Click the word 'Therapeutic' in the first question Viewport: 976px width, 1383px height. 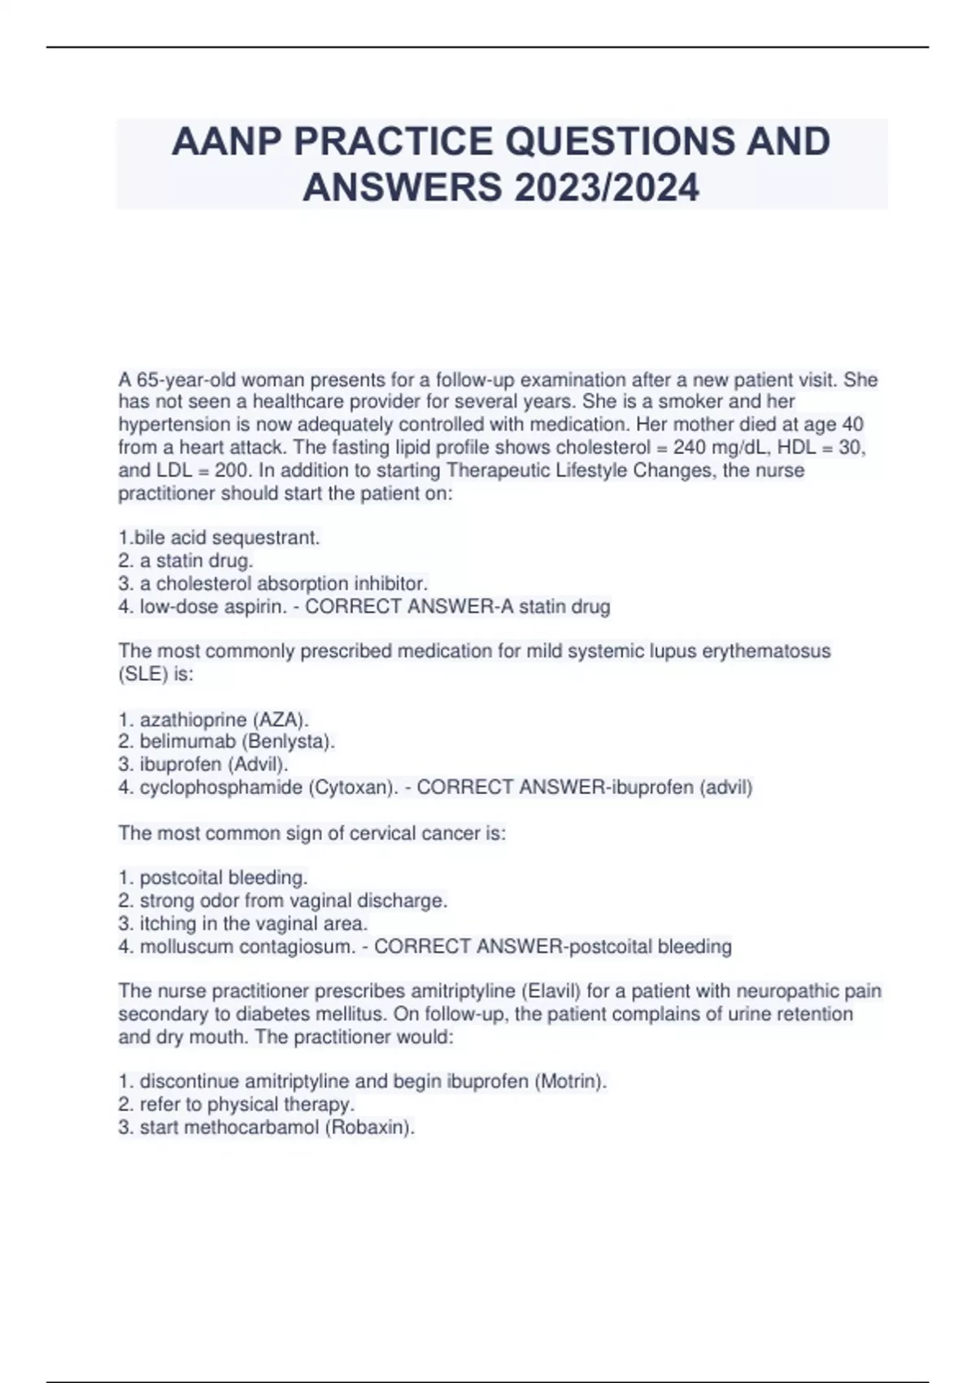[x=497, y=470]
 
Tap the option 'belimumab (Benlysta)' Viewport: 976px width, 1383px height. [x=227, y=741]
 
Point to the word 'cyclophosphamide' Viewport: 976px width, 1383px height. [x=220, y=787]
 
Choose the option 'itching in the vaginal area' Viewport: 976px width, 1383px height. [x=243, y=923]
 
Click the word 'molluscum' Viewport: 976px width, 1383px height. [x=184, y=946]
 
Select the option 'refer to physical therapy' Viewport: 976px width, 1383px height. [x=237, y=1104]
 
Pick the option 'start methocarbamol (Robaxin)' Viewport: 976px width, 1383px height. [x=267, y=1127]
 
